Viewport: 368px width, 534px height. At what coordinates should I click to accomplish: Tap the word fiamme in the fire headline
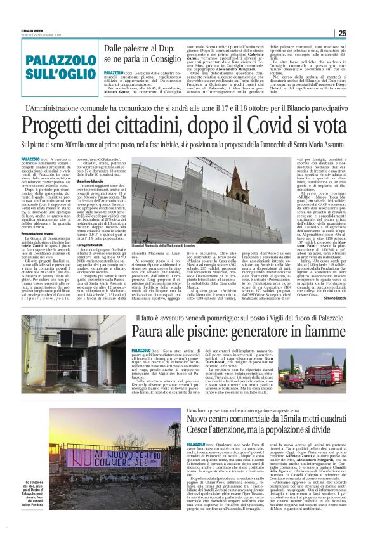[x=312, y=328]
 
